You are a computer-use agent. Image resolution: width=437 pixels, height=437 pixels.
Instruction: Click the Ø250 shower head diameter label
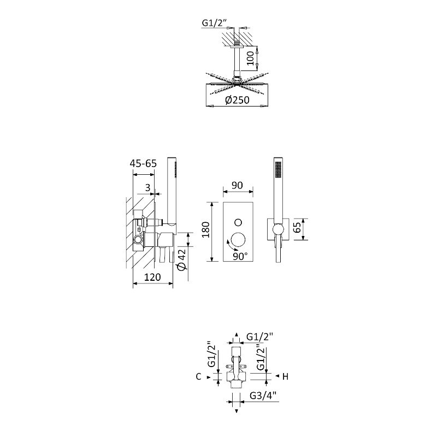[237, 100]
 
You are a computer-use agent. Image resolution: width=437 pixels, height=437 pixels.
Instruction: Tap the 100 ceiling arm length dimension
[251, 58]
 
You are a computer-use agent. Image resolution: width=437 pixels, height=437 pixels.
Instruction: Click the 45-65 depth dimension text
[143, 163]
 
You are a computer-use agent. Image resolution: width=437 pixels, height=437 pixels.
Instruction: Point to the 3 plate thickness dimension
[147, 187]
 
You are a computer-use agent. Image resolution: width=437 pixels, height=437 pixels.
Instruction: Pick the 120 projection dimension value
[153, 277]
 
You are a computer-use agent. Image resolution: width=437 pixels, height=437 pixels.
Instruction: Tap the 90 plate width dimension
[237, 185]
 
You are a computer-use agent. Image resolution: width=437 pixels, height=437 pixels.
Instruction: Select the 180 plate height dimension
[206, 229]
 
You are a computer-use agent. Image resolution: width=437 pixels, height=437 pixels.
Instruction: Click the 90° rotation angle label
[240, 256]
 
